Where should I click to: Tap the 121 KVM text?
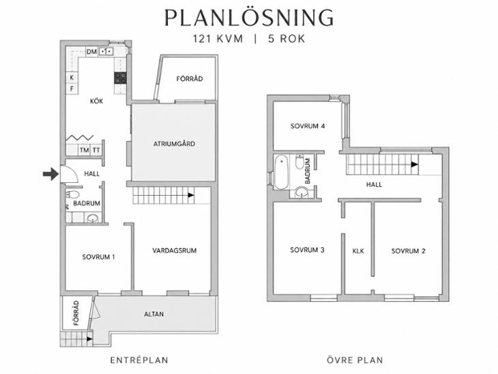218,39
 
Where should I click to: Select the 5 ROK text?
287,39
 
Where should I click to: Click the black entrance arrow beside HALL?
50,174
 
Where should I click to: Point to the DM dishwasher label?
91,51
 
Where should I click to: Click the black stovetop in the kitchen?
120,78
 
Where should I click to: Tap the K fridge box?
72,77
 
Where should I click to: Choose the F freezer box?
72,89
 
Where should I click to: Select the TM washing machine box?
84,150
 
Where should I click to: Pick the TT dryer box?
96,150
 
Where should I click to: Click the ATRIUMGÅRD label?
174,143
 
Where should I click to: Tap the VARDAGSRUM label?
175,250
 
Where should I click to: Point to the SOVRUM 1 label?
98,257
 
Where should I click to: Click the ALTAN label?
154,314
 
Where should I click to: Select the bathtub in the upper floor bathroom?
281,172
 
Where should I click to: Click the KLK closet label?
358,251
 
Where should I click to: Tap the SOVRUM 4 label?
308,126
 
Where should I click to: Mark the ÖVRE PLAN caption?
355,360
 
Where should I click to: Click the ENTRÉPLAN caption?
139,360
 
